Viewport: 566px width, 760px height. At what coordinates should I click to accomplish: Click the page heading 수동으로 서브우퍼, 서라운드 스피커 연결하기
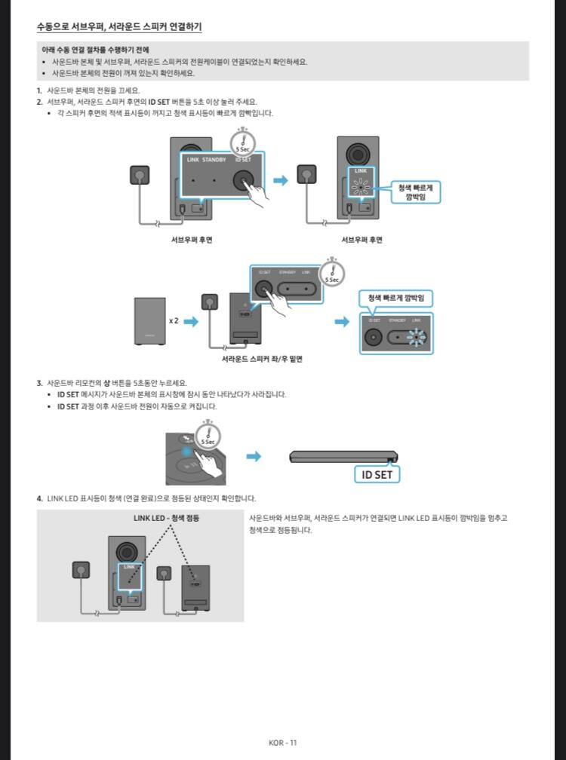click(x=119, y=27)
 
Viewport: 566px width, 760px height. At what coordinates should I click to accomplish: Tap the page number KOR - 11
click(x=283, y=743)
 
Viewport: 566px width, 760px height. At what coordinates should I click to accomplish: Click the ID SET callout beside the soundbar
click(x=377, y=475)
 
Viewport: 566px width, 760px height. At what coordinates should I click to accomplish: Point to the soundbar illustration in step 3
click(x=343, y=456)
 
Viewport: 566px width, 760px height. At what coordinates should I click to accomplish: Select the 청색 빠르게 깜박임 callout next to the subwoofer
click(x=414, y=192)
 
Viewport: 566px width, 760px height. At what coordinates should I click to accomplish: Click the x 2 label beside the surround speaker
click(x=174, y=320)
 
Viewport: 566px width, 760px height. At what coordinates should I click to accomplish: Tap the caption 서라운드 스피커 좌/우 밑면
click(x=262, y=359)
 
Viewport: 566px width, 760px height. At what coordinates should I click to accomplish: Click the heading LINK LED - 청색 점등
click(x=166, y=518)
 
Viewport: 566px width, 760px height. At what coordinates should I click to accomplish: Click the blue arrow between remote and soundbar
click(x=254, y=456)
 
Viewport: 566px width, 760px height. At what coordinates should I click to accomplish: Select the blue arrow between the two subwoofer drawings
click(x=281, y=180)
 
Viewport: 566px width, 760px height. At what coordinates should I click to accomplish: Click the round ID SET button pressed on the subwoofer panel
click(x=243, y=181)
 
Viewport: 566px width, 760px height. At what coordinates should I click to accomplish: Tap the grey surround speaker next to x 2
click(x=149, y=320)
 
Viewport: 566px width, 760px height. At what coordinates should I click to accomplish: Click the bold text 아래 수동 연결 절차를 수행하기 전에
click(x=95, y=49)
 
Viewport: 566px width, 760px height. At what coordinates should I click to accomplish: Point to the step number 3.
click(x=39, y=382)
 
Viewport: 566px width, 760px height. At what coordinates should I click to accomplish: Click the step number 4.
click(x=39, y=498)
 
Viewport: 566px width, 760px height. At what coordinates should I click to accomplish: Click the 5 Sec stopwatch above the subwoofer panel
click(x=242, y=141)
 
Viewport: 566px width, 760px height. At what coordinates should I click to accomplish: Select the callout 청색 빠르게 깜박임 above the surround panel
click(x=395, y=299)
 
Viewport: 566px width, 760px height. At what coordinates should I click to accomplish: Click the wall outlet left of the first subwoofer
click(x=140, y=175)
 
